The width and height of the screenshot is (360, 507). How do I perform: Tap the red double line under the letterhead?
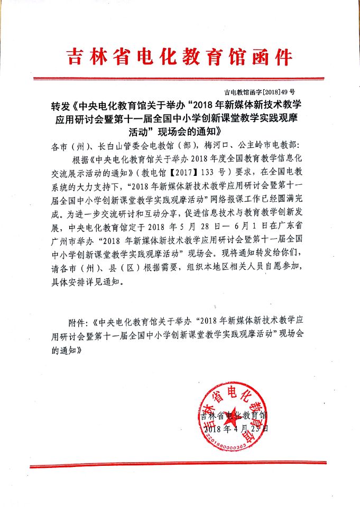pos(180,79)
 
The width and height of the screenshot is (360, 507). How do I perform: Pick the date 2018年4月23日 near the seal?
pos(236,429)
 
